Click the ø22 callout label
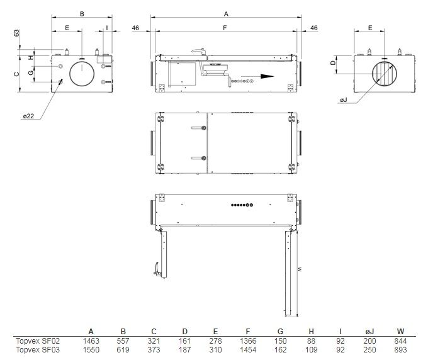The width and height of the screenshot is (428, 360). (28, 116)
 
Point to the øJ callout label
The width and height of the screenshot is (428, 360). (344, 100)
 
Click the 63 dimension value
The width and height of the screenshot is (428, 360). (17, 33)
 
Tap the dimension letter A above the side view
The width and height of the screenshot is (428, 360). (226, 14)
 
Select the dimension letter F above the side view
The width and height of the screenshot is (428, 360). (225, 28)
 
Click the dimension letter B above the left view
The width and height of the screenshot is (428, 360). (82, 14)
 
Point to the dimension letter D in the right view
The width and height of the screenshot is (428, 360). (333, 63)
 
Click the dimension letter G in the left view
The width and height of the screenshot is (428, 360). (31, 72)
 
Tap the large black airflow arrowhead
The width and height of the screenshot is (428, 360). (267, 76)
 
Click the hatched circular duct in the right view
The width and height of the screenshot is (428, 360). (385, 74)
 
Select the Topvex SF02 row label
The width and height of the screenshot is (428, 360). (38, 341)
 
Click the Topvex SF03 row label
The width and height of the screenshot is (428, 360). (38, 350)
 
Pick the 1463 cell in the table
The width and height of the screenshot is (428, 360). (91, 341)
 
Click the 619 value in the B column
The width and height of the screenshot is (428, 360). (123, 350)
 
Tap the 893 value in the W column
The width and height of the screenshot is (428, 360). (400, 350)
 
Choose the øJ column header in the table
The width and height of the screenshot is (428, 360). (369, 332)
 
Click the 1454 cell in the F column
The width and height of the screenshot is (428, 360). (248, 350)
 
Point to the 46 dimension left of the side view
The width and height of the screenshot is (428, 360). (135, 28)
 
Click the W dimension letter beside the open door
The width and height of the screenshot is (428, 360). (300, 269)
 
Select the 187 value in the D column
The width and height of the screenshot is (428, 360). (185, 350)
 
